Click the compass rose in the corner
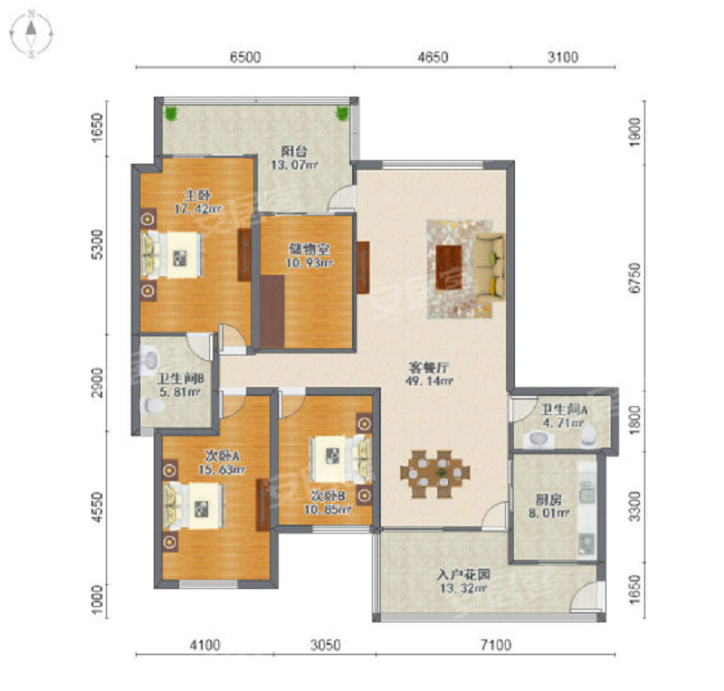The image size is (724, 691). click(31, 34)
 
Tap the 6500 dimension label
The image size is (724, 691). click(245, 57)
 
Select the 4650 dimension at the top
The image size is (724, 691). click(433, 57)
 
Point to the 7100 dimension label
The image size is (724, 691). click(495, 644)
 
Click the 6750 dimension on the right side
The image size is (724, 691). click(636, 278)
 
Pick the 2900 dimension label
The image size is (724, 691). click(98, 383)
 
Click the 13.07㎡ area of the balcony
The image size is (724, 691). click(294, 165)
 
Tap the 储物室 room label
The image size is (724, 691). click(309, 250)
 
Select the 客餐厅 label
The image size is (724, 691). click(429, 367)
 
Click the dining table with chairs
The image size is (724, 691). click(435, 474)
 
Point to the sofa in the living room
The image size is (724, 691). click(491, 266)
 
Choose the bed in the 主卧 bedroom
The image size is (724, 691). click(172, 255)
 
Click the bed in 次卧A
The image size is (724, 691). click(194, 506)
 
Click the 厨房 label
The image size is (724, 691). click(548, 499)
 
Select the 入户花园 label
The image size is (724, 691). click(463, 574)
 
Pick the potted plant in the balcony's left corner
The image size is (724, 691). click(171, 113)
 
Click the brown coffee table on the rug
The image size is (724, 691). click(449, 267)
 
